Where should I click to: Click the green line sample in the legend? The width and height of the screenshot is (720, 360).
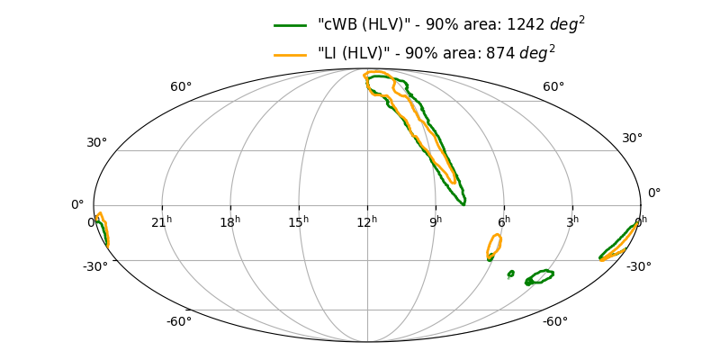[292, 26]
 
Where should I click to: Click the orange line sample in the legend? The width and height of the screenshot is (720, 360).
[292, 55]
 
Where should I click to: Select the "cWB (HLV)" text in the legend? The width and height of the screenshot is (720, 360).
[358, 26]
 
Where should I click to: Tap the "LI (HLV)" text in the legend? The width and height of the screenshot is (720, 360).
[348, 55]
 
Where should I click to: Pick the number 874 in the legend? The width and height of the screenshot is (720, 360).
[499, 55]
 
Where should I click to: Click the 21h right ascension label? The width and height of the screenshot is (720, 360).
[162, 221]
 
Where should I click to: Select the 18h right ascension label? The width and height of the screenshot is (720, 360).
[229, 221]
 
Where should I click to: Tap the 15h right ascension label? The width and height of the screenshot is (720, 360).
[299, 221]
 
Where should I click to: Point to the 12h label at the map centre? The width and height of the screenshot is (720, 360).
[367, 221]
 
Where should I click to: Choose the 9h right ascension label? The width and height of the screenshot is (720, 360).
[436, 221]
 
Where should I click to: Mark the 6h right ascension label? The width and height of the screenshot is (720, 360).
[504, 221]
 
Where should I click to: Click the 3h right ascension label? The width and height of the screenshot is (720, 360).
[572, 221]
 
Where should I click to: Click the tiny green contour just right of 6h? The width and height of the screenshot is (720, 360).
[510, 274]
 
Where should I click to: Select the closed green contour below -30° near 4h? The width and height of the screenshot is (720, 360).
[540, 277]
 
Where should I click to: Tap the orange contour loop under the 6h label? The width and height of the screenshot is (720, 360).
[494, 246]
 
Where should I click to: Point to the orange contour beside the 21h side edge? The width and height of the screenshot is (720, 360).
[103, 228]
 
